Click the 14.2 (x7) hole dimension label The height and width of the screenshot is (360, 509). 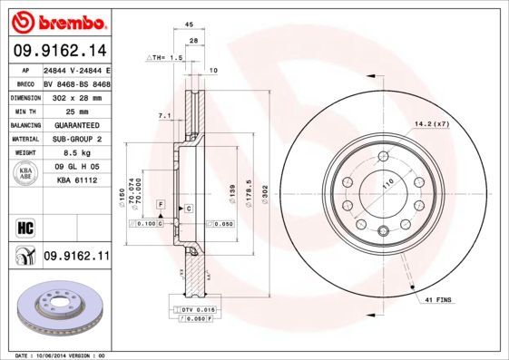click(432, 123)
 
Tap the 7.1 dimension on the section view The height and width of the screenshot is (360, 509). click(164, 116)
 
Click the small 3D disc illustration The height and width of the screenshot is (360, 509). click(56, 308)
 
